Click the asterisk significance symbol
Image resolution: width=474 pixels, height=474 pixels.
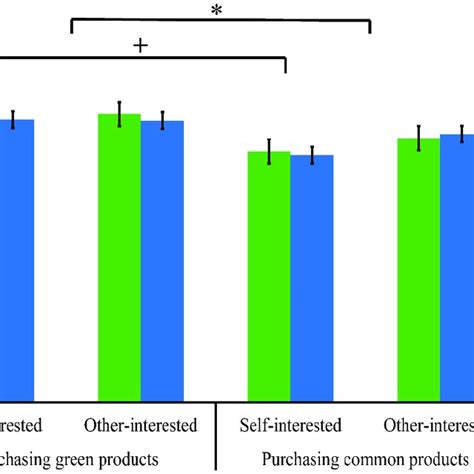(217, 10)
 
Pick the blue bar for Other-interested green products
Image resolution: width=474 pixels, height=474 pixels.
(162, 260)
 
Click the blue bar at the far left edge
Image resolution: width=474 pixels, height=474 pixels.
(16, 259)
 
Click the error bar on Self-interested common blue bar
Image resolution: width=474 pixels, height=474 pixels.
(312, 155)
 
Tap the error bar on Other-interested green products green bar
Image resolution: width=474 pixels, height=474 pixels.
(119, 114)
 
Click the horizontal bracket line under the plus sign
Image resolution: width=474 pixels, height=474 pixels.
(140, 61)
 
